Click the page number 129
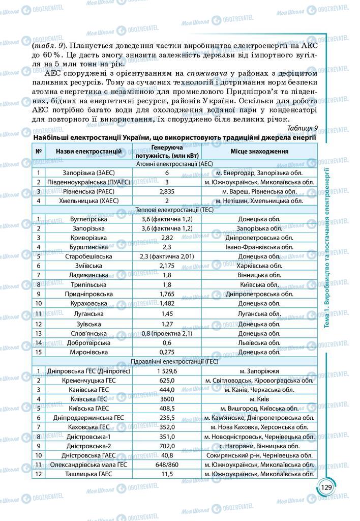click(326, 487)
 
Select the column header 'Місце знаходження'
click(259, 151)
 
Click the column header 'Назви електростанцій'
click(88, 151)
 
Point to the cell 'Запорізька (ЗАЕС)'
click(88, 173)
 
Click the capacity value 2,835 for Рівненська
click(167, 191)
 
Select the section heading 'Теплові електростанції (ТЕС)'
click(175, 210)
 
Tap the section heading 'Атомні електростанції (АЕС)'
click(175, 164)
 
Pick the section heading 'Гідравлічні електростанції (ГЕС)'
click(175, 362)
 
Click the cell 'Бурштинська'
click(88, 247)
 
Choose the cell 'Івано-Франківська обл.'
click(259, 247)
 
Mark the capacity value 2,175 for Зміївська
click(167, 265)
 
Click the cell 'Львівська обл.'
click(259, 342)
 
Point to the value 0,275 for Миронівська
click(167, 352)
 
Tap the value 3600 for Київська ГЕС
click(167, 399)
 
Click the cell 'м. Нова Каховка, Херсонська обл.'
click(259, 427)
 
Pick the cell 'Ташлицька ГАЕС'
click(88, 474)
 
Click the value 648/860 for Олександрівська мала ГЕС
click(167, 465)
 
